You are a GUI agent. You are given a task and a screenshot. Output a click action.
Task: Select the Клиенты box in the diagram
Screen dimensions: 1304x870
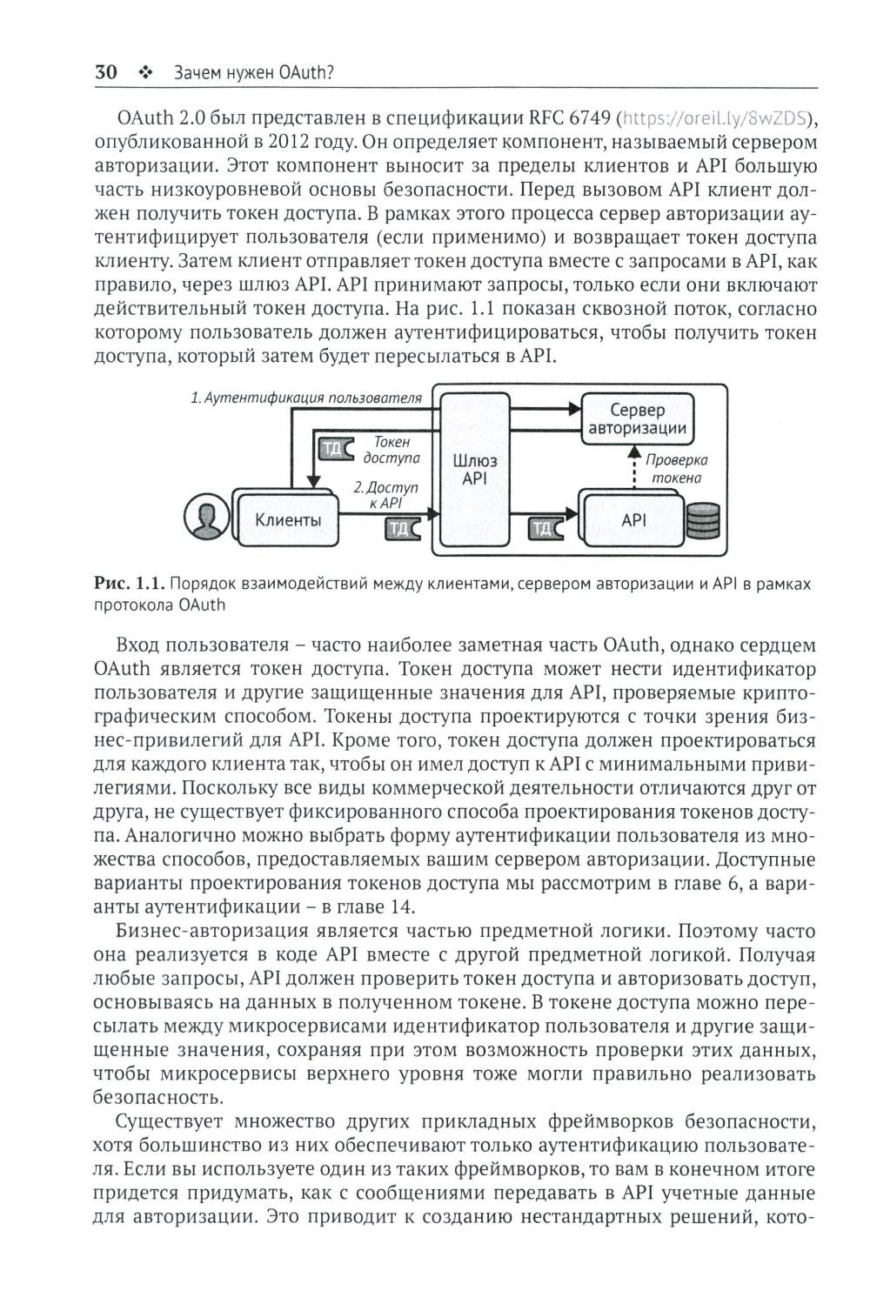tap(287, 520)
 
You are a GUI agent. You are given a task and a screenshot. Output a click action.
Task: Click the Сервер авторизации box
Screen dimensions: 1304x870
tap(637, 418)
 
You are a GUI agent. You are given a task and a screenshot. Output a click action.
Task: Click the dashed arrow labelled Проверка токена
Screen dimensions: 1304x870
tap(633, 469)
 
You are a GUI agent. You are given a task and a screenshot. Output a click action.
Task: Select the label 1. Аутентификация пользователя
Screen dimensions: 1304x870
tap(306, 398)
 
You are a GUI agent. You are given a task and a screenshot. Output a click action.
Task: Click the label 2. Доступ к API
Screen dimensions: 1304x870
tap(385, 495)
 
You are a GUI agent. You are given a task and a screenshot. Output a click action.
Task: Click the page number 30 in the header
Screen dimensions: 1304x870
tap(105, 73)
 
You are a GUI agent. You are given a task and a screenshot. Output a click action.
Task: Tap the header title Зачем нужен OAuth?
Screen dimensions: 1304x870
tap(254, 74)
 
